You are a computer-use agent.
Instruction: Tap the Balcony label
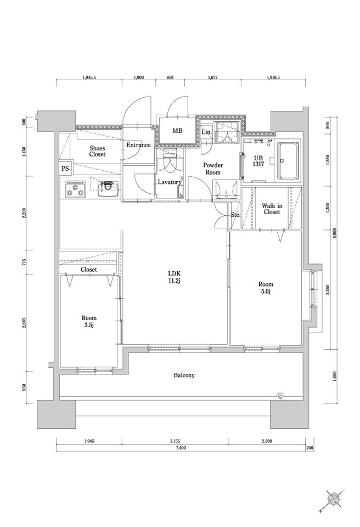184,375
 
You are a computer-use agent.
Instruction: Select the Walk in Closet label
272,209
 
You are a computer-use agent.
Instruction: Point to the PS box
65,169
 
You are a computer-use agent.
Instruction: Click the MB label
177,131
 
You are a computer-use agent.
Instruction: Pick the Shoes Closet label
97,152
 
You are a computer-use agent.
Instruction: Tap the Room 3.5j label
89,321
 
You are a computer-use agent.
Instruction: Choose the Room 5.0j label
266,288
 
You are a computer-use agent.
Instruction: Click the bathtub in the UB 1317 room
288,161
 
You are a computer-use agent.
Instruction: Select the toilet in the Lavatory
170,164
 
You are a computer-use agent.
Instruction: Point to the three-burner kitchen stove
75,189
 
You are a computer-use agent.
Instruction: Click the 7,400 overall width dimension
181,448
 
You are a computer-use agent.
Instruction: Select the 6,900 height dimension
334,232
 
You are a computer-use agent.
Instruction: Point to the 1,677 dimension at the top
212,77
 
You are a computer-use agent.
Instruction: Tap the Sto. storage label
235,215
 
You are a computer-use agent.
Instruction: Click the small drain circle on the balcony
280,396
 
